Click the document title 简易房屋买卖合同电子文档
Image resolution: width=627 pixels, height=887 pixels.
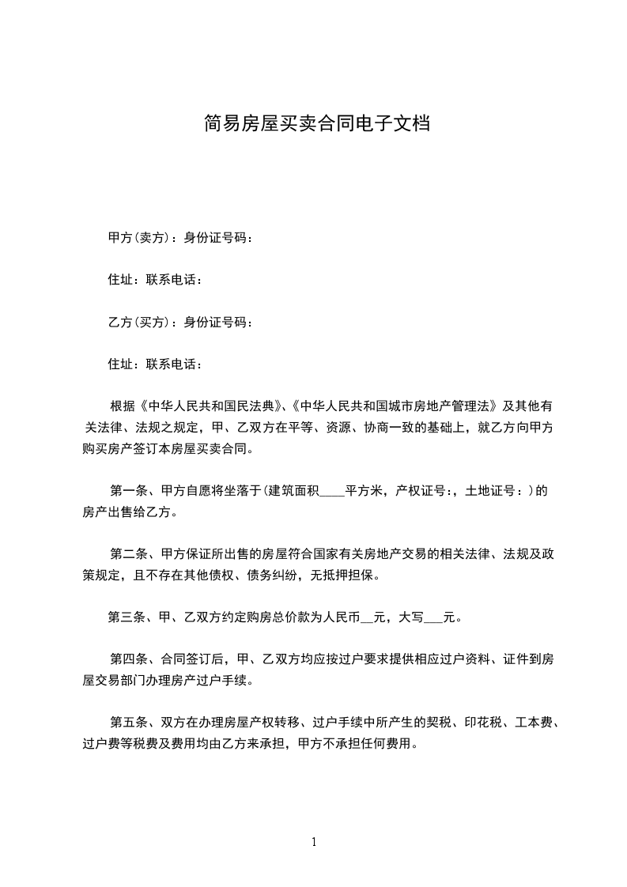[x=316, y=124]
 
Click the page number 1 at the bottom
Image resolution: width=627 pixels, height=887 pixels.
[x=314, y=842]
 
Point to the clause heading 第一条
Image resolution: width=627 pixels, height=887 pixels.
[x=127, y=491]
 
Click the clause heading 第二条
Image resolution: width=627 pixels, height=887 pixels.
[x=127, y=554]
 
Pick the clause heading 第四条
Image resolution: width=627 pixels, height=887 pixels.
[x=127, y=659]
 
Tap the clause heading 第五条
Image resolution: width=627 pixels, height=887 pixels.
[x=127, y=722]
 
